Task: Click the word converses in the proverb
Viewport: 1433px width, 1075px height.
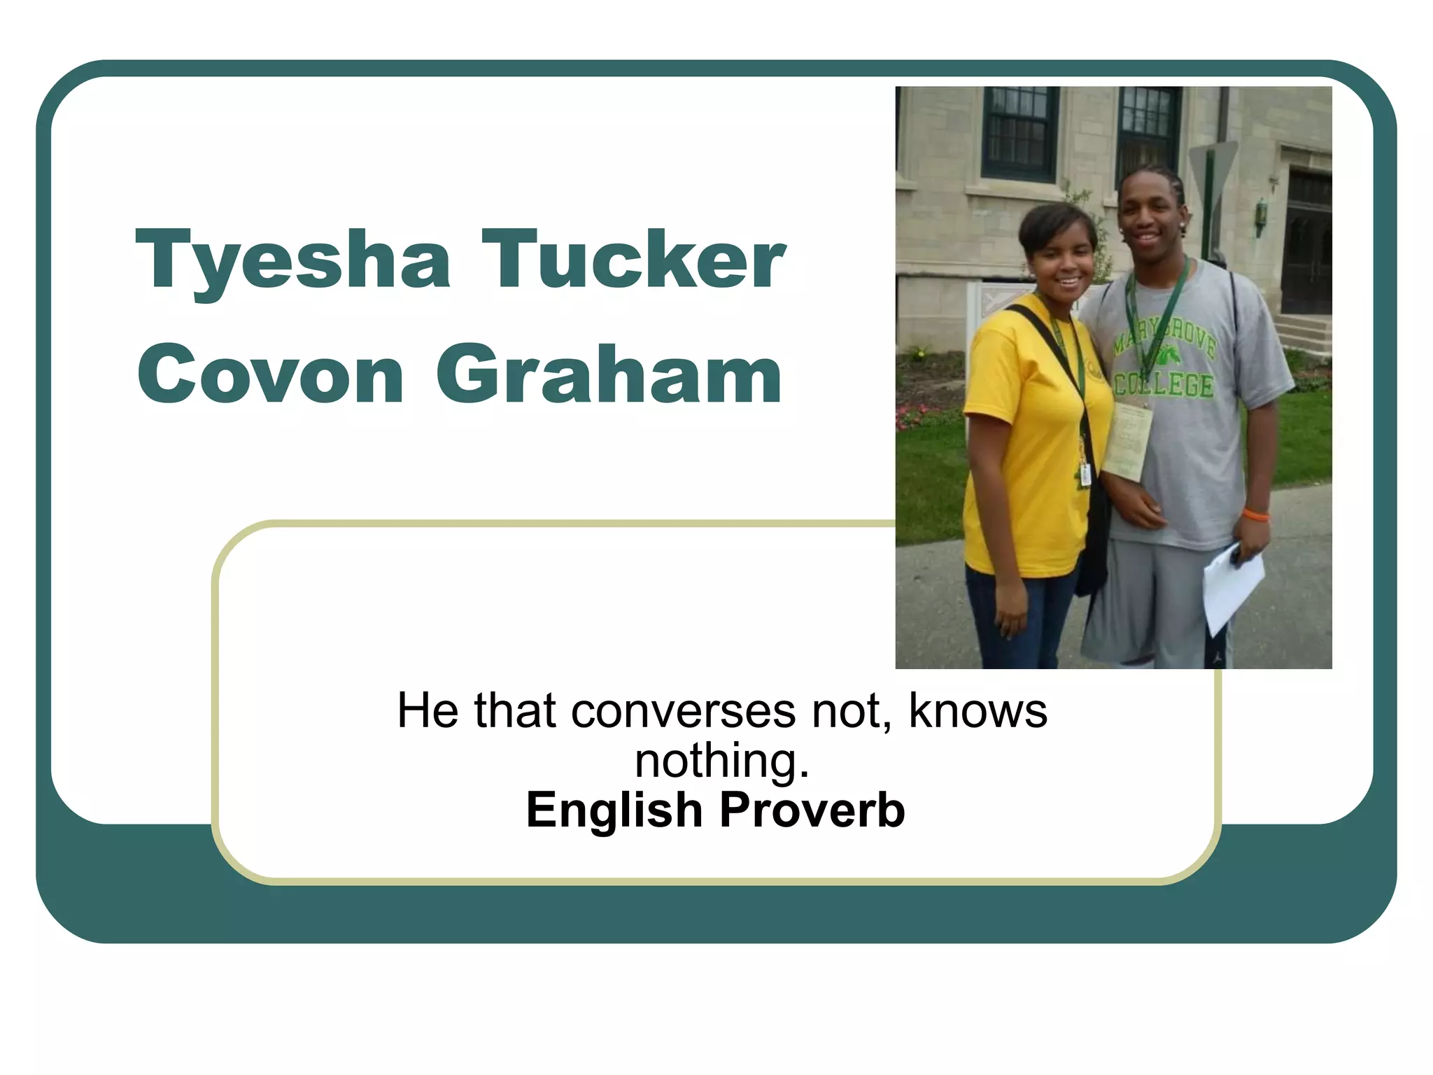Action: pyautogui.click(x=683, y=711)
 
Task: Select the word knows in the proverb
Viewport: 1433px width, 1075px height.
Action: pyautogui.click(x=977, y=711)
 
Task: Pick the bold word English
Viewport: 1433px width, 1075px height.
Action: pyautogui.click(x=614, y=810)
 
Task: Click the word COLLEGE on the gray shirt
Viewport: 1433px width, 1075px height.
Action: pyautogui.click(x=1164, y=386)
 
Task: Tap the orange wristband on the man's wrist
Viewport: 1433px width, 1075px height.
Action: pyautogui.click(x=1255, y=515)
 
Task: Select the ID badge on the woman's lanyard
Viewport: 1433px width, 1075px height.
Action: pyautogui.click(x=1085, y=472)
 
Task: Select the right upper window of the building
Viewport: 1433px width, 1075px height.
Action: pyautogui.click(x=1148, y=129)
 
